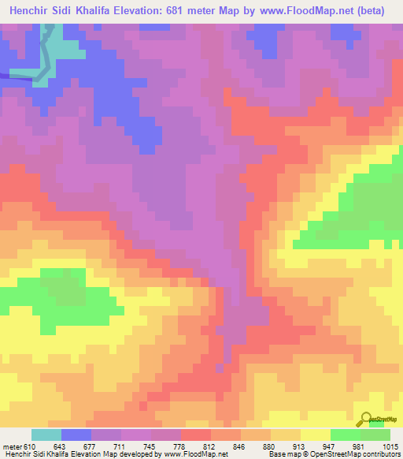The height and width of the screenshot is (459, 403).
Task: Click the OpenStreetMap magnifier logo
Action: [368, 419]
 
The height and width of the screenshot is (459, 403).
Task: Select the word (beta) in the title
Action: [382, 10]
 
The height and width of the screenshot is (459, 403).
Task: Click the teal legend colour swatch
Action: [46, 435]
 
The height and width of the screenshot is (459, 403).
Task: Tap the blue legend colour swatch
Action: [76, 435]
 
